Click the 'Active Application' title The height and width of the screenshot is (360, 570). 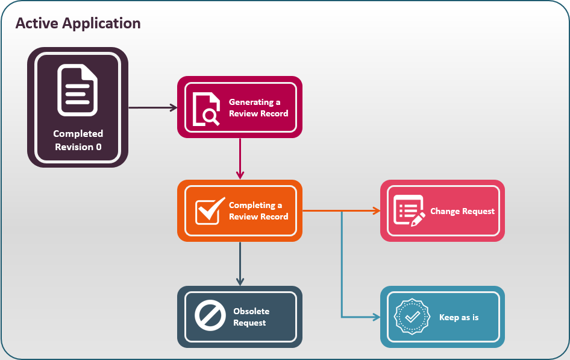(x=78, y=24)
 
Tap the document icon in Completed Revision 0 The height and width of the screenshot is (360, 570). (x=77, y=90)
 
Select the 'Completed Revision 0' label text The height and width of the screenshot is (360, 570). (x=78, y=140)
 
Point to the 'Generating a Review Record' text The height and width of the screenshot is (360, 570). (x=258, y=108)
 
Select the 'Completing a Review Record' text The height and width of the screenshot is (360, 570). (x=258, y=211)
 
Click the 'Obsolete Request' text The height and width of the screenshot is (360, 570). (x=251, y=317)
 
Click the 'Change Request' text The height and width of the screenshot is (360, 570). (x=462, y=212)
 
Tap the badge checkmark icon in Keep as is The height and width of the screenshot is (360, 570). (x=412, y=317)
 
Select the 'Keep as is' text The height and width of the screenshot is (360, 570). (x=459, y=317)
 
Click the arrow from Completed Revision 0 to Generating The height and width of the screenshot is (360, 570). (x=153, y=108)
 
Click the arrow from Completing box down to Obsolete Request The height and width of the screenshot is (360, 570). (x=240, y=264)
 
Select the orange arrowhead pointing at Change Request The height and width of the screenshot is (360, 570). (x=376, y=211)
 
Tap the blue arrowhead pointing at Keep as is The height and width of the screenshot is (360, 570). (x=376, y=317)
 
